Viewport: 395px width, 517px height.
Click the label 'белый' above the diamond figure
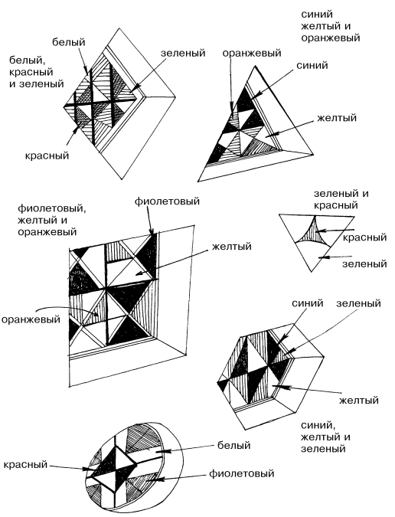(69, 42)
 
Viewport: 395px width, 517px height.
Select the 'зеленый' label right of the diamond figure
(183, 53)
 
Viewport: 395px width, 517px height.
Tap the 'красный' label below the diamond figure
(47, 155)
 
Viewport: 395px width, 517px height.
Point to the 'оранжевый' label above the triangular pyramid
(252, 53)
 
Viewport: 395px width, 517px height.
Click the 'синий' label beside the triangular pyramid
(312, 65)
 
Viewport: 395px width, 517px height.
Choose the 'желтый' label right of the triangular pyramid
(337, 118)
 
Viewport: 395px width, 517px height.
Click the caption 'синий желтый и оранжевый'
(330, 26)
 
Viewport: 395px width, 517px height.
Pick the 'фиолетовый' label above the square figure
(167, 201)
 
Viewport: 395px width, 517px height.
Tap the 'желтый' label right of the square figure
(232, 246)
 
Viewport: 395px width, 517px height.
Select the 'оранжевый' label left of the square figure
(31, 319)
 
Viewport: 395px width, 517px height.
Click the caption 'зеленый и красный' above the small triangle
(341, 199)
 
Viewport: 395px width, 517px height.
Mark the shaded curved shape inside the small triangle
(313, 232)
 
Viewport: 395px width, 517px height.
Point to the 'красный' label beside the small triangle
(364, 237)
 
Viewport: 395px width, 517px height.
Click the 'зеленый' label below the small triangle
(364, 263)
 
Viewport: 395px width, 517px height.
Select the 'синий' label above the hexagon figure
(308, 303)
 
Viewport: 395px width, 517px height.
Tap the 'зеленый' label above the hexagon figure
(358, 303)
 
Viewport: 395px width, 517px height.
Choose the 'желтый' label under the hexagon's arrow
(359, 401)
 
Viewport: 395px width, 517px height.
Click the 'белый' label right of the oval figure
(234, 446)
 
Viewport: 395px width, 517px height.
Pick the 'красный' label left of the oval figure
(26, 464)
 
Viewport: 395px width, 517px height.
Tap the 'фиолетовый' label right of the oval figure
(241, 474)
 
